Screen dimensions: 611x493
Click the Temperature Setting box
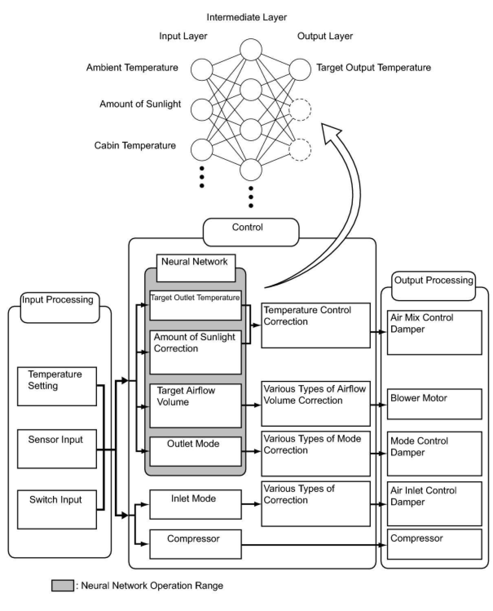pos(57,386)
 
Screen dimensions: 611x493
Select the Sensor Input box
pos(57,449)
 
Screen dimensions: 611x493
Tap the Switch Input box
pos(57,509)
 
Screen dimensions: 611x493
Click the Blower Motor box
pos(434,404)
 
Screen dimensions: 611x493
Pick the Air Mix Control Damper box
pos(434,332)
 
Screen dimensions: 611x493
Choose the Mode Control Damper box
pos(434,454)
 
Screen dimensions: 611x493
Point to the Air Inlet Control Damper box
pos(434,504)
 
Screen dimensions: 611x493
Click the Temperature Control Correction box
pos(316,325)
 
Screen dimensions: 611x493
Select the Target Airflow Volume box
pos(196,405)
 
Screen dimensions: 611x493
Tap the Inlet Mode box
pos(196,505)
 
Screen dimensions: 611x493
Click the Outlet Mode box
pos(196,452)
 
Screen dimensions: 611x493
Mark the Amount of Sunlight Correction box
pos(196,352)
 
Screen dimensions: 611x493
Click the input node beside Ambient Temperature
pos(202,69)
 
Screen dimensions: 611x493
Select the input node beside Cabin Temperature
pos(202,149)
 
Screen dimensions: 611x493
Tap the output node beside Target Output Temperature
pos(300,69)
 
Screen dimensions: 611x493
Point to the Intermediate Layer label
pos(246,17)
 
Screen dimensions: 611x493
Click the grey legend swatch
pos(63,586)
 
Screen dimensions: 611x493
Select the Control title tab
pos(251,232)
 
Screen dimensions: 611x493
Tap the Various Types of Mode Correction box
pos(316,454)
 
